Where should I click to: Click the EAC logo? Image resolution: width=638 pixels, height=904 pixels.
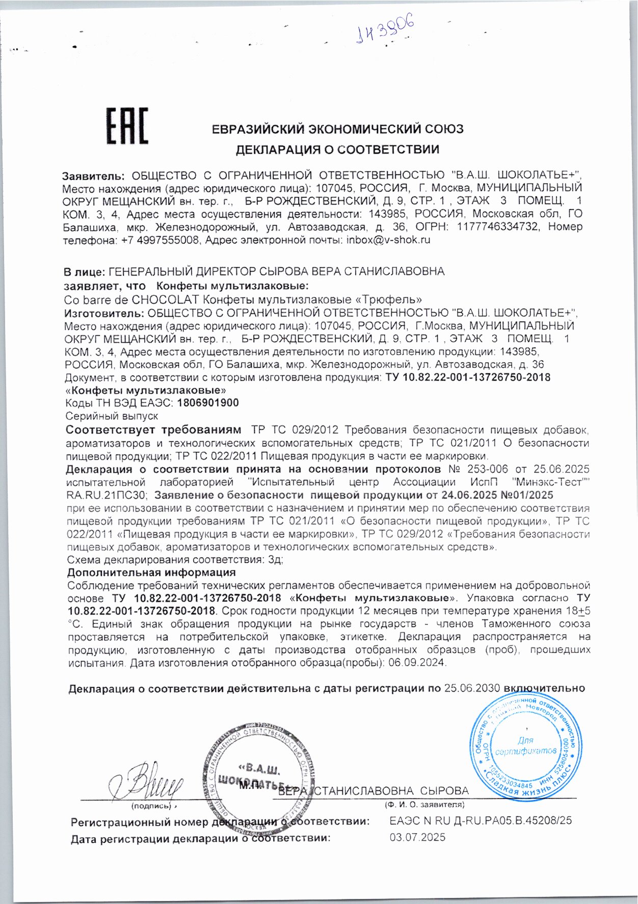point(127,125)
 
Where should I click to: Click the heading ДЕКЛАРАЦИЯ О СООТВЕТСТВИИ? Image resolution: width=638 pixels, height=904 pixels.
point(337,149)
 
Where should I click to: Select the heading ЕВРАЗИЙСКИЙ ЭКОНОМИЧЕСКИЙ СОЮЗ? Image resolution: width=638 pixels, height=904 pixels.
point(337,129)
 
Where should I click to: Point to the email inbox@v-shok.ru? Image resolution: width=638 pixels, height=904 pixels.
point(388,240)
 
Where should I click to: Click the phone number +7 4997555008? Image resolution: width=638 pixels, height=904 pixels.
point(159,240)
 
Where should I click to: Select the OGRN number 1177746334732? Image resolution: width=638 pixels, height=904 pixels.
point(497,227)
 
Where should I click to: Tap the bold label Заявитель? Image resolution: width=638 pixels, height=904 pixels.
point(93,176)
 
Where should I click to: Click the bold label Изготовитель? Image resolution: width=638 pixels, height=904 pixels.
point(104,313)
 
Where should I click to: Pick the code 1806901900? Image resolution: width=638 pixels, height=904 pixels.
point(208,403)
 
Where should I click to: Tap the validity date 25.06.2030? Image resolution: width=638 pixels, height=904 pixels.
point(472,688)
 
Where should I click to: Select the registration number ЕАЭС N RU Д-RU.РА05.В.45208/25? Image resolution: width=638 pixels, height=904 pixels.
point(480,821)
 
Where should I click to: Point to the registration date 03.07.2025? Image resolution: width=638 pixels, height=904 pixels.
point(417,837)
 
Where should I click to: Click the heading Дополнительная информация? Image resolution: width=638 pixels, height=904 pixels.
point(151,572)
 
